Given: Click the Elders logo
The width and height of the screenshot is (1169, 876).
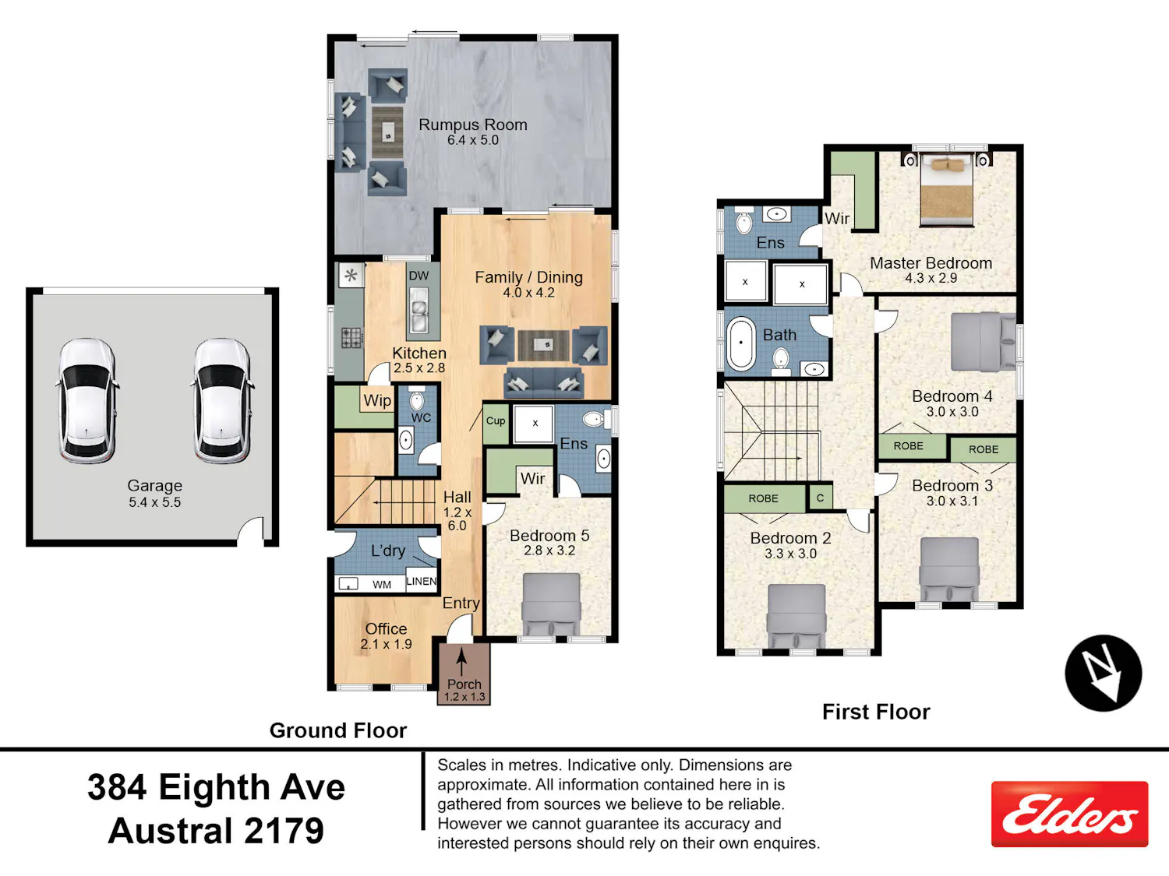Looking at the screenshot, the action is click(1069, 814).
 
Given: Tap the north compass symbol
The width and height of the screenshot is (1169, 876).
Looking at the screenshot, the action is click(1104, 674).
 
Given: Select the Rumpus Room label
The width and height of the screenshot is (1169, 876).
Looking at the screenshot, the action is click(473, 125).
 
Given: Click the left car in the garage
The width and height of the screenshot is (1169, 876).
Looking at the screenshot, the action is click(87, 401).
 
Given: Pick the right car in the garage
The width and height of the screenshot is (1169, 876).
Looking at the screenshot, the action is click(222, 401).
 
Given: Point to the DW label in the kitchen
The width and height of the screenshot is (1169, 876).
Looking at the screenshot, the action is click(419, 276).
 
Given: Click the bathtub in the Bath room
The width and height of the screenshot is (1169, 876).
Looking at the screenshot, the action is click(741, 343).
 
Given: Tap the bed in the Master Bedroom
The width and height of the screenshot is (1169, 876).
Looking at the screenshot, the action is click(947, 190).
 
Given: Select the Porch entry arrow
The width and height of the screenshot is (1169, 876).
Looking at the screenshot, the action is click(461, 661).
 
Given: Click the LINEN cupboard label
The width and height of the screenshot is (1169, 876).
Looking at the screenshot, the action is click(422, 582).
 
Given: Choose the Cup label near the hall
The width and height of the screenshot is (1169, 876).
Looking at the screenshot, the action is click(496, 420).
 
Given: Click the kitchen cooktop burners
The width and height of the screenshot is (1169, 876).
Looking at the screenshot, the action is click(351, 337).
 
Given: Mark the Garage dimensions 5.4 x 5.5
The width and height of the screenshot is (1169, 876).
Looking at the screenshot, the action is click(155, 502).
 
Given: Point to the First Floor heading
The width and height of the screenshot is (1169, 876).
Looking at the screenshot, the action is click(876, 712).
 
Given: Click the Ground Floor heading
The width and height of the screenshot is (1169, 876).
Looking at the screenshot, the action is click(338, 730).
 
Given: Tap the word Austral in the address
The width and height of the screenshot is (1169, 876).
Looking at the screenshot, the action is click(171, 832).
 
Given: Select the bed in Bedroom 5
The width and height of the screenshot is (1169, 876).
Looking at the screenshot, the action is click(551, 603).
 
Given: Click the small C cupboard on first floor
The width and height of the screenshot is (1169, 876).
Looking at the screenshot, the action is click(820, 498).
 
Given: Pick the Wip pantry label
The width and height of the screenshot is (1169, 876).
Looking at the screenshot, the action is click(378, 400).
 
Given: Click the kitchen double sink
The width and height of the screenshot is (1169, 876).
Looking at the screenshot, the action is click(419, 315).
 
